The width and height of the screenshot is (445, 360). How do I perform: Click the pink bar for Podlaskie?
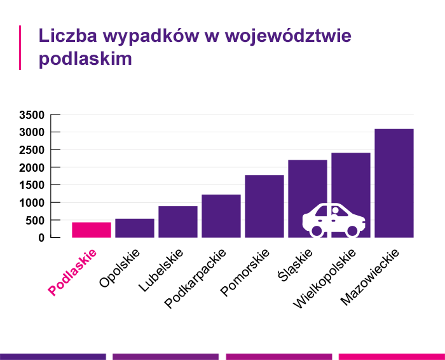(x=92, y=230)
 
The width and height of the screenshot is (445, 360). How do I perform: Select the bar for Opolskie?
(x=135, y=228)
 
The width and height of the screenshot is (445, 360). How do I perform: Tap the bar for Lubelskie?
(x=178, y=221)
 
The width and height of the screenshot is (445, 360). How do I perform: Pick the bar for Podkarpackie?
(x=221, y=216)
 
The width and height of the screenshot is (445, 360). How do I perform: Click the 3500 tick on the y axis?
(x=31, y=115)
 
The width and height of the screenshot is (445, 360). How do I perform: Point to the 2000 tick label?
(x=31, y=168)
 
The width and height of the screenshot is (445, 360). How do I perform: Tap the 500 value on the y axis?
(x=35, y=221)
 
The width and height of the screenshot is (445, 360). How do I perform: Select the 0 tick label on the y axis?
(x=41, y=238)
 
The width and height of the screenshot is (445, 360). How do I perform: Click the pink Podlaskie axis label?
(x=72, y=272)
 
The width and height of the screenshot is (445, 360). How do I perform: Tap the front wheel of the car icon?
(x=352, y=231)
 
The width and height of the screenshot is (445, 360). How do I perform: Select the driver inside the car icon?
(x=336, y=211)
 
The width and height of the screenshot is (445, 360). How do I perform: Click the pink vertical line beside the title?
(x=20, y=47)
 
